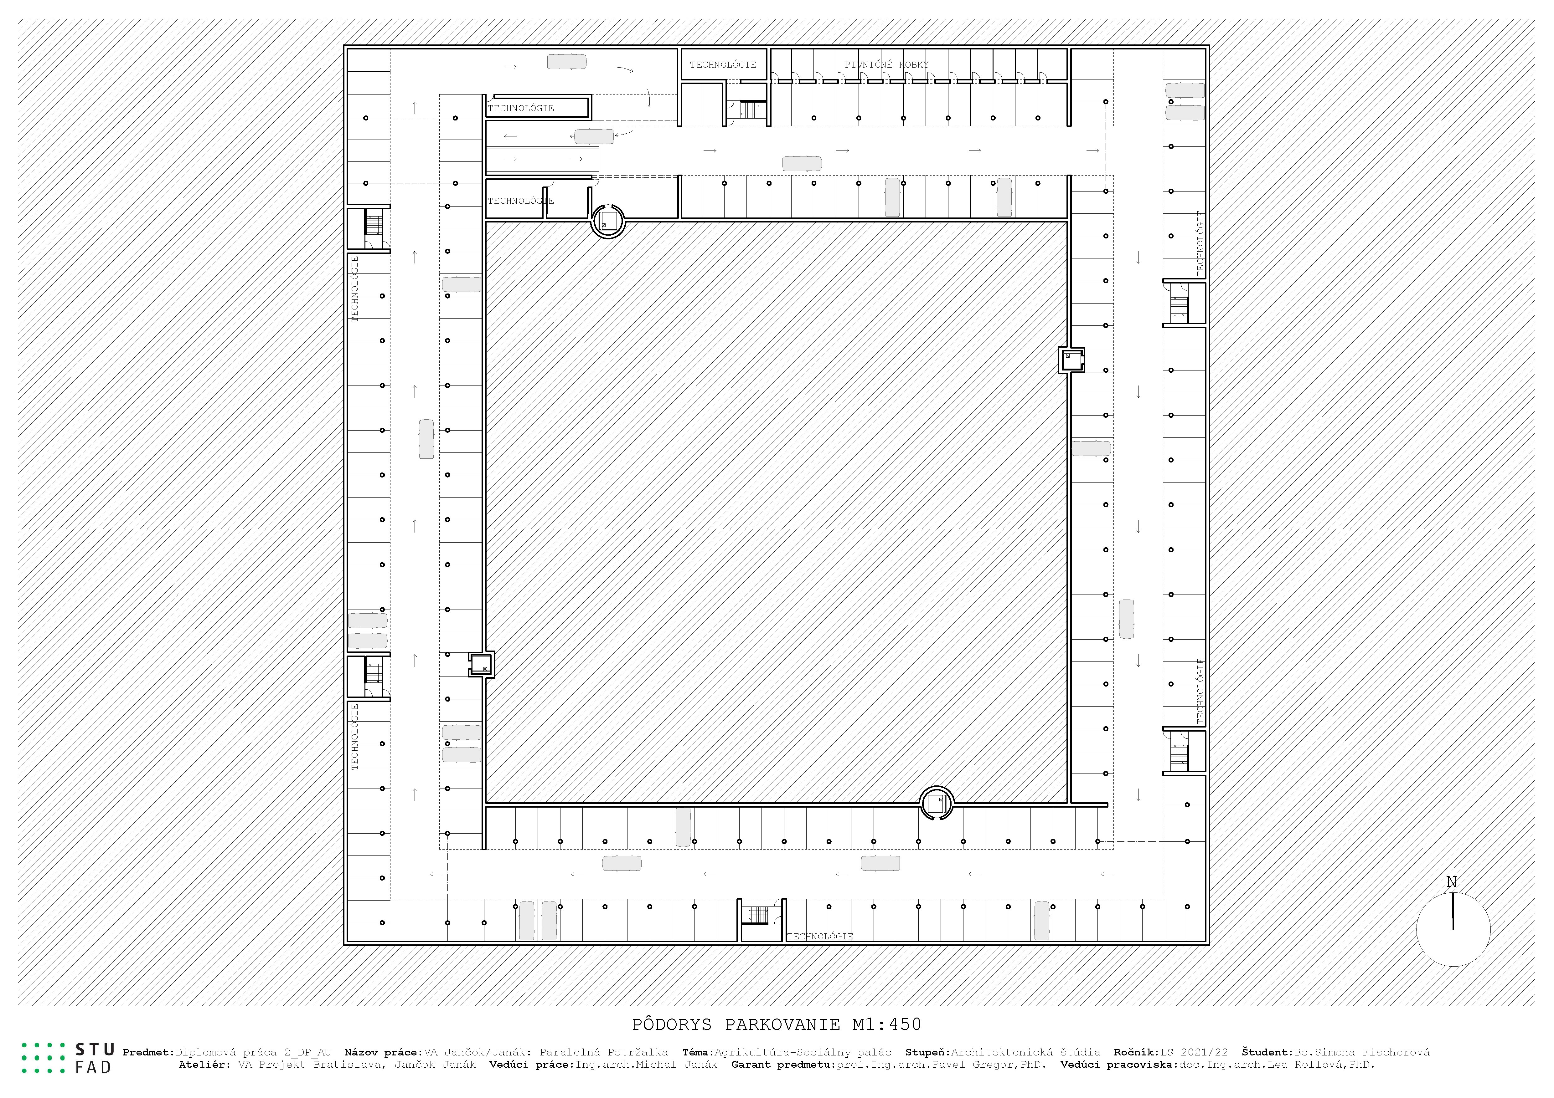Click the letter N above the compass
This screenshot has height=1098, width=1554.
1451,882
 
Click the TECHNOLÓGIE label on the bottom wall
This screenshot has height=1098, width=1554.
820,936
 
